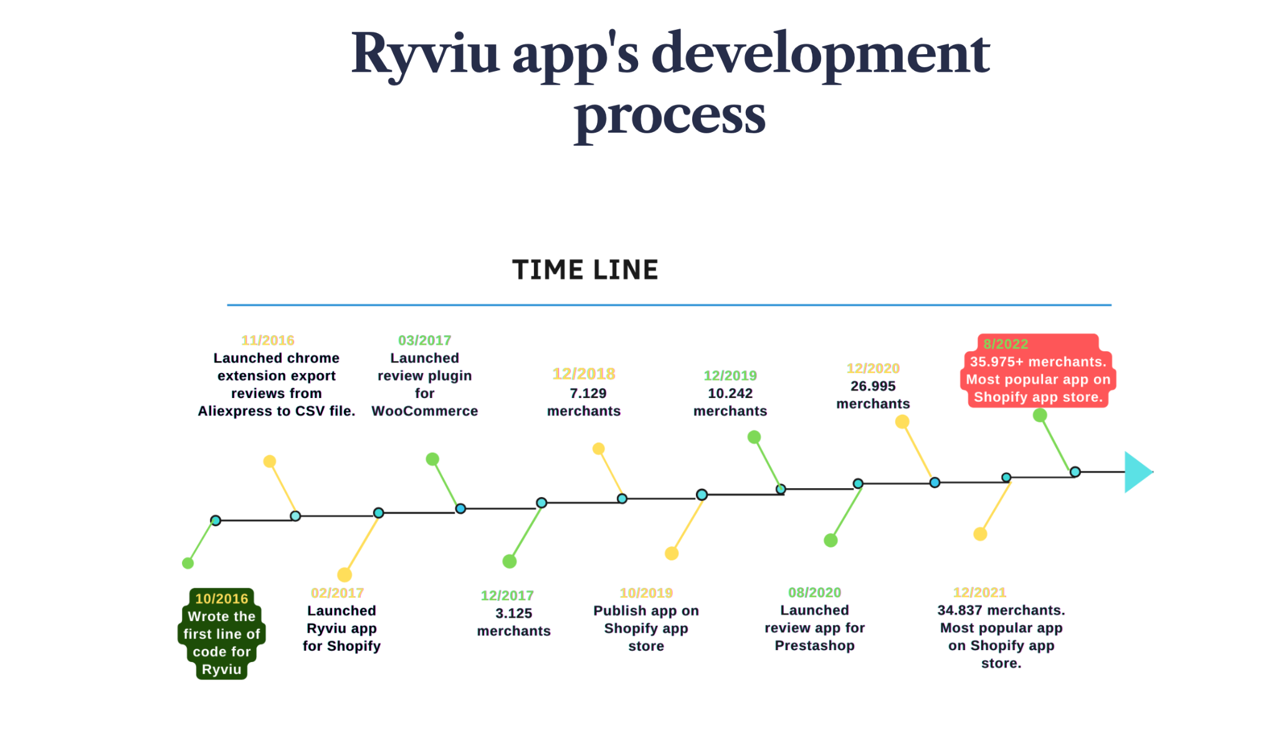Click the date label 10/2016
click(221, 599)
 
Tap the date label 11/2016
click(268, 340)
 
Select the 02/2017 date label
click(337, 593)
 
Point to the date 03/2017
click(424, 340)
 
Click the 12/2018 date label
click(584, 374)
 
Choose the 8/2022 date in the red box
click(1006, 344)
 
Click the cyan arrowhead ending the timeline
click(1138, 472)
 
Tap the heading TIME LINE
click(585, 270)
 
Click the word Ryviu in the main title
click(426, 55)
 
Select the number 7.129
click(588, 393)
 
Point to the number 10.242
click(730, 393)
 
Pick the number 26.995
click(873, 386)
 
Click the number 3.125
click(513, 613)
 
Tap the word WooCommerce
click(424, 411)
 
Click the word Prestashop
click(814, 645)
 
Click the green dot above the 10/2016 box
click(188, 563)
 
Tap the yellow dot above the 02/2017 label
click(345, 574)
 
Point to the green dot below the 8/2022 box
click(1040, 415)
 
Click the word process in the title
click(670, 116)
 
